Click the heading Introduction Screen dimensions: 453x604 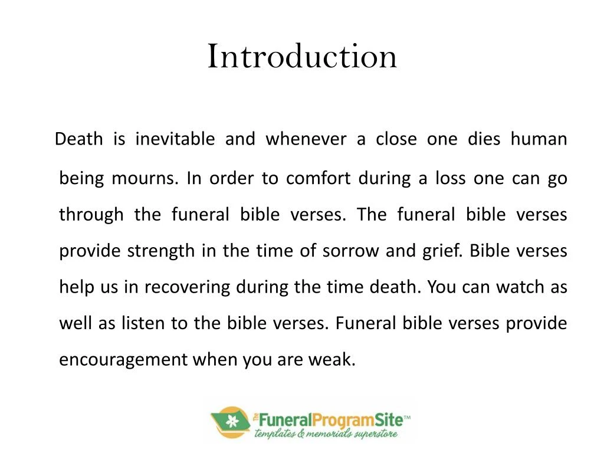302,57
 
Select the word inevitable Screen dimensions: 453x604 175,140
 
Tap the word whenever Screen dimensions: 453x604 306,140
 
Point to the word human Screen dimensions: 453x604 539,140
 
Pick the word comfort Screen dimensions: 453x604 319,178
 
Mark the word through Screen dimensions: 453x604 91,214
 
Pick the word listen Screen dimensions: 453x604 145,323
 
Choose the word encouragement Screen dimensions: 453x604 123,360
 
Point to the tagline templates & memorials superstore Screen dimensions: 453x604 326,435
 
